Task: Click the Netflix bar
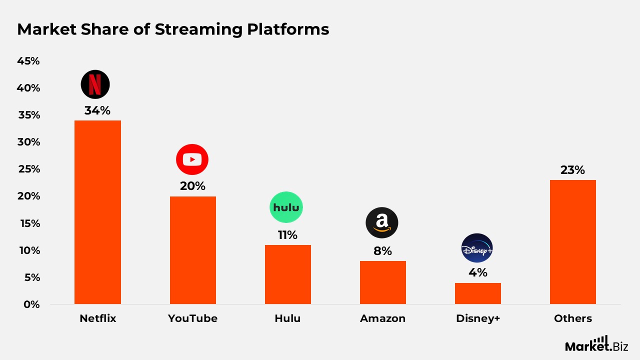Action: click(97, 212)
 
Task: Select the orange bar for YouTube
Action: click(192, 250)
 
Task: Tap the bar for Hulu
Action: click(287, 274)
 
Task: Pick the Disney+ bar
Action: click(477, 293)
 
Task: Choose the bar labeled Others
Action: click(572, 242)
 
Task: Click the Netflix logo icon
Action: click(95, 84)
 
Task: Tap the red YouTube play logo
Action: click(192, 159)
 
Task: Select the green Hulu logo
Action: click(286, 207)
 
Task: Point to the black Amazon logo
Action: click(381, 222)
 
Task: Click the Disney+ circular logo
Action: click(476, 248)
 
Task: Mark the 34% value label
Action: click(97, 110)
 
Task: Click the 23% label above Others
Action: click(572, 170)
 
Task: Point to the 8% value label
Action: click(382, 251)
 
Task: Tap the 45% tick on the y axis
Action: click(28, 61)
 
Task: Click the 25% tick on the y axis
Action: click(28, 169)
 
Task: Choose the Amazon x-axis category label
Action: click(382, 318)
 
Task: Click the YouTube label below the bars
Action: click(192, 318)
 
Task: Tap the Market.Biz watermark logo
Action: click(596, 344)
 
